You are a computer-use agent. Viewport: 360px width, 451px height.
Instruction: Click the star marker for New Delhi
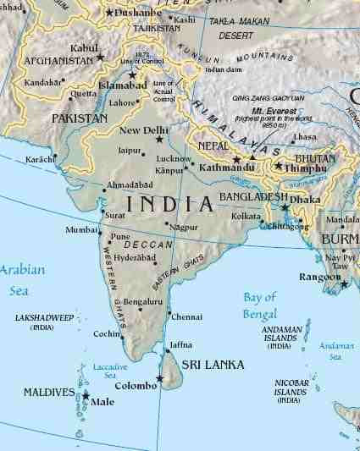coord(158,139)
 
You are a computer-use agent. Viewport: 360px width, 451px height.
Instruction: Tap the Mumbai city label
coord(82,230)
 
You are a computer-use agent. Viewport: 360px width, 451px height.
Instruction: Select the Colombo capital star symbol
coord(160,378)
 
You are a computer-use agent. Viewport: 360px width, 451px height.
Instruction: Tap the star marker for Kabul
coord(101,58)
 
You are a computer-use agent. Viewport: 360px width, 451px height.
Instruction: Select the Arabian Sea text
coord(21,278)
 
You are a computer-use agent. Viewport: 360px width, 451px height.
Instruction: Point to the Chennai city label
coord(186,316)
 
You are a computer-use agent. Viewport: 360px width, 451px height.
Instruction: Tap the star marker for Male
coord(86,394)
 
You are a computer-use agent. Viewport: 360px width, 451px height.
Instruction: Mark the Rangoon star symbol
coord(344,284)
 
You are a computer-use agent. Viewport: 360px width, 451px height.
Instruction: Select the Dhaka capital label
coord(309,201)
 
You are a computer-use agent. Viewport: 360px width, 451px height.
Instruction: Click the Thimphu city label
coord(307,169)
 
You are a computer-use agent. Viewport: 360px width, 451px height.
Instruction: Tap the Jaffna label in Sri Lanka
coord(181,345)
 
